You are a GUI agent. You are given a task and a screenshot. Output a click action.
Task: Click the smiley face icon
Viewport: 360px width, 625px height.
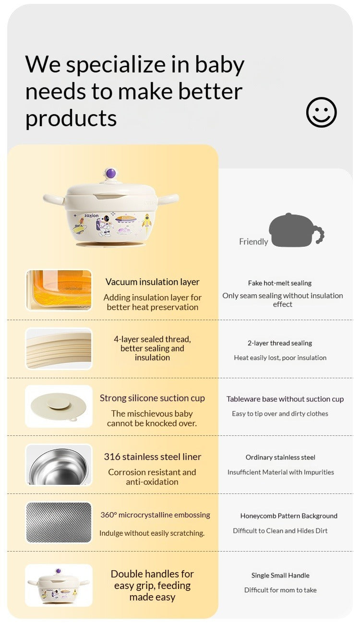[322, 112]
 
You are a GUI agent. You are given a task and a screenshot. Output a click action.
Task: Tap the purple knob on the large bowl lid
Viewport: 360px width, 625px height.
[111, 173]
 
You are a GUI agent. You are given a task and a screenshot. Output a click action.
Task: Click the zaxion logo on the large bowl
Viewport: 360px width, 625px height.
[92, 216]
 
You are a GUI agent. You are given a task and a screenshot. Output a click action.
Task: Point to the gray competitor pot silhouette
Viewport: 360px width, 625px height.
[296, 230]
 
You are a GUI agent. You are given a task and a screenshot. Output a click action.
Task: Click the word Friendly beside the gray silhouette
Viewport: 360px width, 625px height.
[253, 241]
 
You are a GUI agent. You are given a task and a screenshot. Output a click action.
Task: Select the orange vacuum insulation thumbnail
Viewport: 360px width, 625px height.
[59, 290]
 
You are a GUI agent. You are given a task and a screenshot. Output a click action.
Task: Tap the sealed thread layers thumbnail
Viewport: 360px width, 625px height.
[59, 349]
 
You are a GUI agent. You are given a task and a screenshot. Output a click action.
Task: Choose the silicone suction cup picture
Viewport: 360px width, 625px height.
[59, 406]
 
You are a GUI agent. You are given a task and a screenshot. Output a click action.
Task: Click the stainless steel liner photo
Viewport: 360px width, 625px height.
[59, 465]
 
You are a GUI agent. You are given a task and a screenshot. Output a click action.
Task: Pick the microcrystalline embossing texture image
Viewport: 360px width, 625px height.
[59, 522]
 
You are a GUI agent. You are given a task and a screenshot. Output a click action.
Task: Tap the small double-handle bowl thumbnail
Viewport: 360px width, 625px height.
[59, 585]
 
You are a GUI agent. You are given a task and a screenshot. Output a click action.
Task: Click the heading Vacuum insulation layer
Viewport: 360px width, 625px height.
[152, 282]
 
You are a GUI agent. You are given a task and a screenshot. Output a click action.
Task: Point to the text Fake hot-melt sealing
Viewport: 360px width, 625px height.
[280, 283]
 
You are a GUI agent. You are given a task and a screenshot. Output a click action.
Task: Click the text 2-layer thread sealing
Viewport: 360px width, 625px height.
[280, 343]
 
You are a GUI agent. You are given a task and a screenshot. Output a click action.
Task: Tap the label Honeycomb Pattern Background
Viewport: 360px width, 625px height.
[289, 516]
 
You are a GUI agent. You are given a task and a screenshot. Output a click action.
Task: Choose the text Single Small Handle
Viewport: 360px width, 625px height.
[280, 575]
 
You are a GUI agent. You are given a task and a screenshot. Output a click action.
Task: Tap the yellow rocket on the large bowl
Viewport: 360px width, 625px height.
[147, 220]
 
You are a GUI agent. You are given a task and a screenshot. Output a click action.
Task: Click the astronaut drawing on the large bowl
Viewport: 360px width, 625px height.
[104, 226]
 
